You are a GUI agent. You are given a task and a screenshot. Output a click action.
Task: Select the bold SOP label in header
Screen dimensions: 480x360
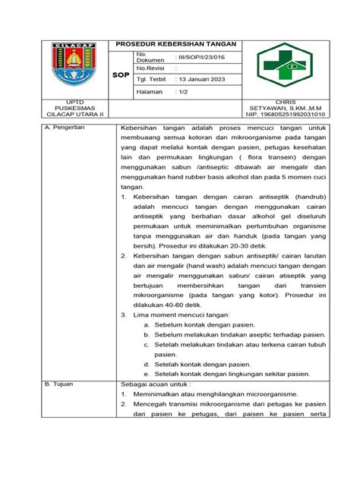point(120,76)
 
